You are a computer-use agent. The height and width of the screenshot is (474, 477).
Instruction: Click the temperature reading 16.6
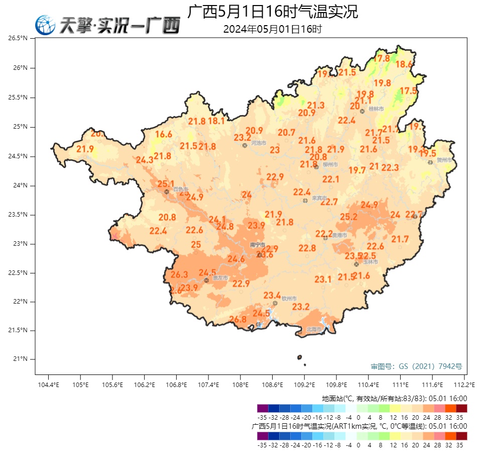click(x=164, y=134)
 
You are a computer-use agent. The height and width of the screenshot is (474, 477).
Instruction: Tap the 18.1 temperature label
click(x=216, y=121)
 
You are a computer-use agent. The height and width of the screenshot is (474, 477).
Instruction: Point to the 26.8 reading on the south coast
click(x=237, y=319)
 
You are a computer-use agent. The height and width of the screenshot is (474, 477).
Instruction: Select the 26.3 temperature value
click(x=179, y=275)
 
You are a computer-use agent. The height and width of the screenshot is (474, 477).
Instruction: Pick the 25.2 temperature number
click(x=348, y=217)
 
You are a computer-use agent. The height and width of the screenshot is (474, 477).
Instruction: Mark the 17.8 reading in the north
click(x=382, y=58)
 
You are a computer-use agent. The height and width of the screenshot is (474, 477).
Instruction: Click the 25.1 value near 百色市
click(x=166, y=184)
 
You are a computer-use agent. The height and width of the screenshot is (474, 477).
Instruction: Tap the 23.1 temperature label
click(x=323, y=279)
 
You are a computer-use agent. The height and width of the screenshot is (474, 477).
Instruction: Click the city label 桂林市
click(x=376, y=109)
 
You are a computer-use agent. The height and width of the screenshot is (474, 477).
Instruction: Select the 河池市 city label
click(x=258, y=143)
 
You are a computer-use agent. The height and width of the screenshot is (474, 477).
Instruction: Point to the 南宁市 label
click(x=257, y=245)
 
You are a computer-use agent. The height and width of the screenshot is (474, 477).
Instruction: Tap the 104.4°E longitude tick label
click(x=48, y=385)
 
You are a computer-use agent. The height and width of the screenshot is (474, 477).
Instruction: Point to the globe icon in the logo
click(x=45, y=25)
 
